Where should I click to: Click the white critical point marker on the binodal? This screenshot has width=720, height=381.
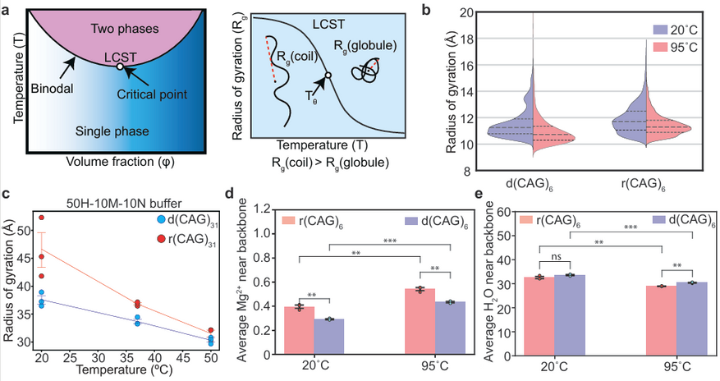tap(119, 67)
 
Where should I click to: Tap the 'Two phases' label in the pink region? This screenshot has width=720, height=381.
tap(125, 29)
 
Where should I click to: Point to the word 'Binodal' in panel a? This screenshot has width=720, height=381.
tap(52, 89)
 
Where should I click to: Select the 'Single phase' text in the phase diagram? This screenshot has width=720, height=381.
tap(112, 131)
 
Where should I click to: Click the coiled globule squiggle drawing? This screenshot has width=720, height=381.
tap(366, 71)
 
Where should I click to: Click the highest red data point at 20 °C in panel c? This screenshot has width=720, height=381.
tap(41, 218)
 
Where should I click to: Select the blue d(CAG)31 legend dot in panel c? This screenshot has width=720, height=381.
tap(161, 219)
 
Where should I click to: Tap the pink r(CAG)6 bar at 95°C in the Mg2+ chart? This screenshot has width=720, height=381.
tap(420, 321)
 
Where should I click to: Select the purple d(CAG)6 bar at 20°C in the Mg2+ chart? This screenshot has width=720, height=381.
tap(329, 337)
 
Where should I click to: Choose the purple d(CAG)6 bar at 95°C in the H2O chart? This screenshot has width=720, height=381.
tap(691, 319)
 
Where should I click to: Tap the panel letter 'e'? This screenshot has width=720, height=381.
tap(479, 193)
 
